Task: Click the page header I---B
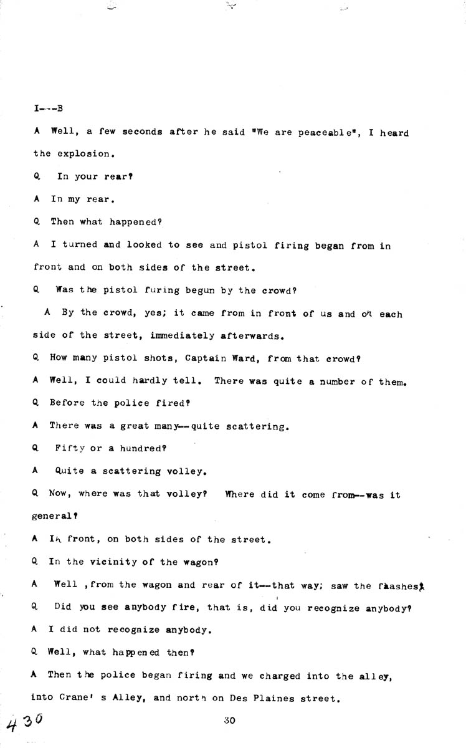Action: pyautogui.click(x=48, y=108)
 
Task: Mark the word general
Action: pyautogui.click(x=55, y=517)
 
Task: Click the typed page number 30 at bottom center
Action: pyautogui.click(x=229, y=721)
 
